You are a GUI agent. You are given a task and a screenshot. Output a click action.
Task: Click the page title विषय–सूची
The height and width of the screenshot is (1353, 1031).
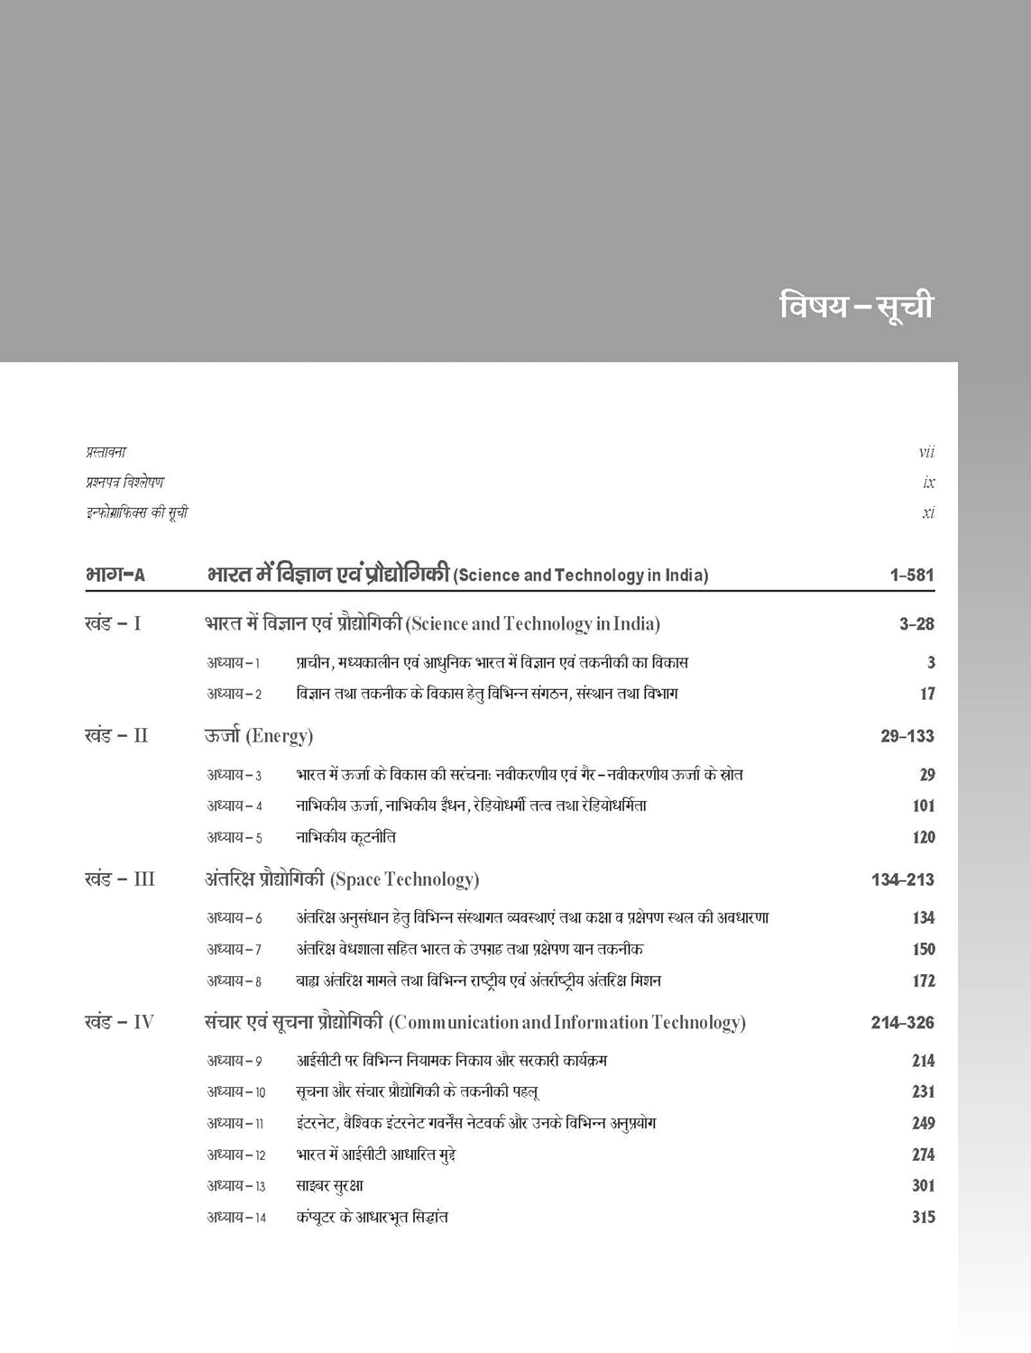[x=856, y=306]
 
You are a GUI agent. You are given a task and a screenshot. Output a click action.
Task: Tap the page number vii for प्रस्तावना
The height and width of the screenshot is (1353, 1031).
[x=926, y=452]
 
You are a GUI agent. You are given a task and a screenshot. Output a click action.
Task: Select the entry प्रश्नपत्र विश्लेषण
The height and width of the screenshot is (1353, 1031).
[x=124, y=483]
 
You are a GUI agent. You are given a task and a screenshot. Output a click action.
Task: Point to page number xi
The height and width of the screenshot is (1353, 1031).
[x=928, y=513]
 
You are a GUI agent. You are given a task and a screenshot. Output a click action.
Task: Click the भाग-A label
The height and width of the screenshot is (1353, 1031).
[x=115, y=575]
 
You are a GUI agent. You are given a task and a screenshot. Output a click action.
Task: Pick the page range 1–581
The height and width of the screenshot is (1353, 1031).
[x=911, y=575]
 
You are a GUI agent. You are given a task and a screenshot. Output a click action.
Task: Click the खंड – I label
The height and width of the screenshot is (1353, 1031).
[x=113, y=623]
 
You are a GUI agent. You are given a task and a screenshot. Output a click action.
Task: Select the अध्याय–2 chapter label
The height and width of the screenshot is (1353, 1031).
[x=235, y=694]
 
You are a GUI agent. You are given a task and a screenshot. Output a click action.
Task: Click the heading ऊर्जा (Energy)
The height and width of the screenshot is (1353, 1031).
[x=259, y=736]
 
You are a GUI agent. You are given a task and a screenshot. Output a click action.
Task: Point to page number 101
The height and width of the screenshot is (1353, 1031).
[x=923, y=805]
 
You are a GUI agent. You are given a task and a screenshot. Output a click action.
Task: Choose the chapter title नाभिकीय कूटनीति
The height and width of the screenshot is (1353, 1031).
[x=346, y=837]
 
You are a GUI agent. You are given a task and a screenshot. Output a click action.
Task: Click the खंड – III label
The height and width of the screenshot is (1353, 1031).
[x=120, y=879]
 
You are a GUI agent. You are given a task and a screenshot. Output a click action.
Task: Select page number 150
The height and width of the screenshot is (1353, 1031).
[x=923, y=949]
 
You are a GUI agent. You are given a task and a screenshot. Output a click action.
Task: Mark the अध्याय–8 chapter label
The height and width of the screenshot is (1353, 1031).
[x=235, y=980]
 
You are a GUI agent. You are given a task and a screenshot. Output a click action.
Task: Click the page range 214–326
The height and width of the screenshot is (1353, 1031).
[x=902, y=1023]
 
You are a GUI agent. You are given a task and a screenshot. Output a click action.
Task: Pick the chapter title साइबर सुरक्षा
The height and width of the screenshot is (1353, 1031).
[x=329, y=1186]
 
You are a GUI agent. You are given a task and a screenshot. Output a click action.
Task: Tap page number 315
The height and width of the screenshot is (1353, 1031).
[x=923, y=1217]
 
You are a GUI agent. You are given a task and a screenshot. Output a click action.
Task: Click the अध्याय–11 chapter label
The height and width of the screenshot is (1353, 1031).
[x=235, y=1123]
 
